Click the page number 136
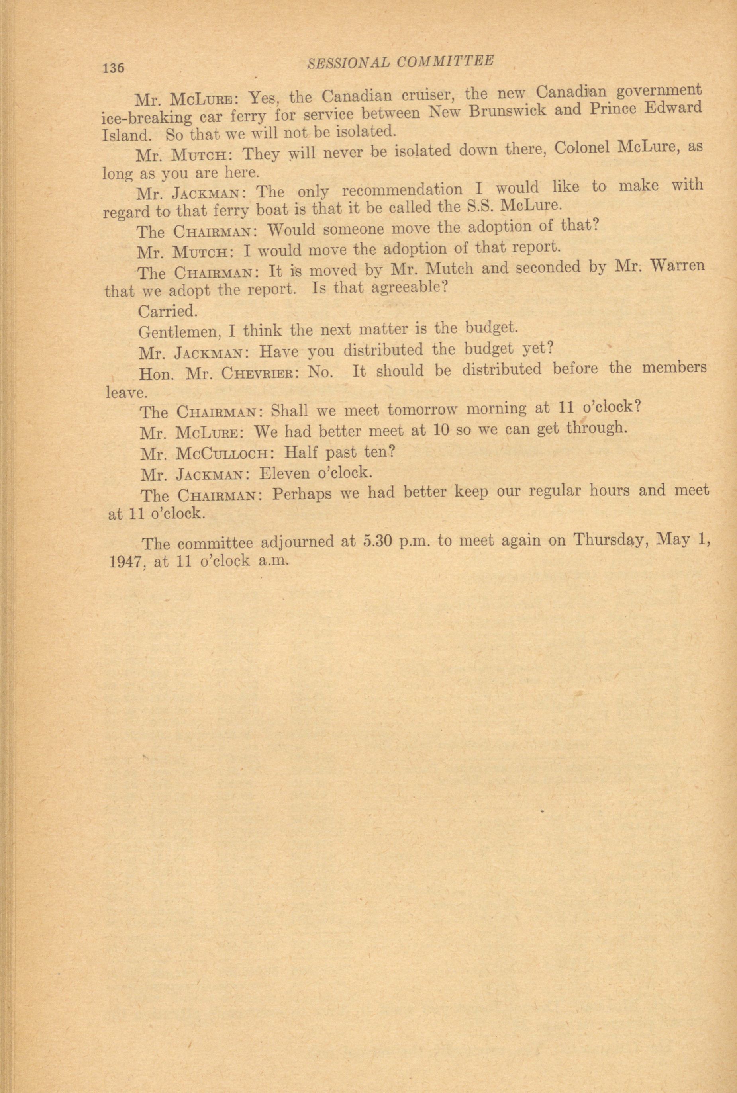click(x=113, y=68)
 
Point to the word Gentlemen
click(x=180, y=332)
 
